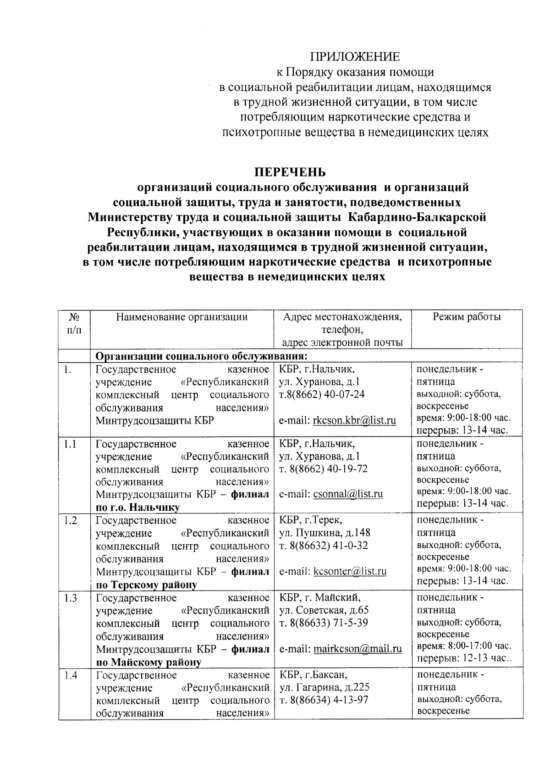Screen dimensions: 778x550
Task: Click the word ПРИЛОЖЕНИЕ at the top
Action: click(x=355, y=57)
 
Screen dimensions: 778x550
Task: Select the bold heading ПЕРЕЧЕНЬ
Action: click(x=290, y=172)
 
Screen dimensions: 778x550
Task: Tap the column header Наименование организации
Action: click(x=181, y=317)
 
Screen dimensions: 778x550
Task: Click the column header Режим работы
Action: click(x=467, y=317)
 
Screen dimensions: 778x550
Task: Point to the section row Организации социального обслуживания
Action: click(x=201, y=356)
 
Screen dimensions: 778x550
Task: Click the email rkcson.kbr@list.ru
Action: click(x=354, y=420)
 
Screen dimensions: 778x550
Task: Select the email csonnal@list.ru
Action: click(x=348, y=494)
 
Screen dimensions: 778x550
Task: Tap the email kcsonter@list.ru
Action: click(x=350, y=571)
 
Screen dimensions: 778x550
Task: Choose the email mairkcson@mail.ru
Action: click(x=357, y=649)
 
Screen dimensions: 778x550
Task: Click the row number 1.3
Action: click(x=71, y=598)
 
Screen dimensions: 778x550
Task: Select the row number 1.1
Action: click(x=70, y=444)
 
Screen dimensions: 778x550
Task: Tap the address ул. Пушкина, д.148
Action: click(x=324, y=533)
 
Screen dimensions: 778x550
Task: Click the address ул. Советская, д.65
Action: click(x=324, y=610)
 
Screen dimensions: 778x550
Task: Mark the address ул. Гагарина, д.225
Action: click(x=324, y=687)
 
